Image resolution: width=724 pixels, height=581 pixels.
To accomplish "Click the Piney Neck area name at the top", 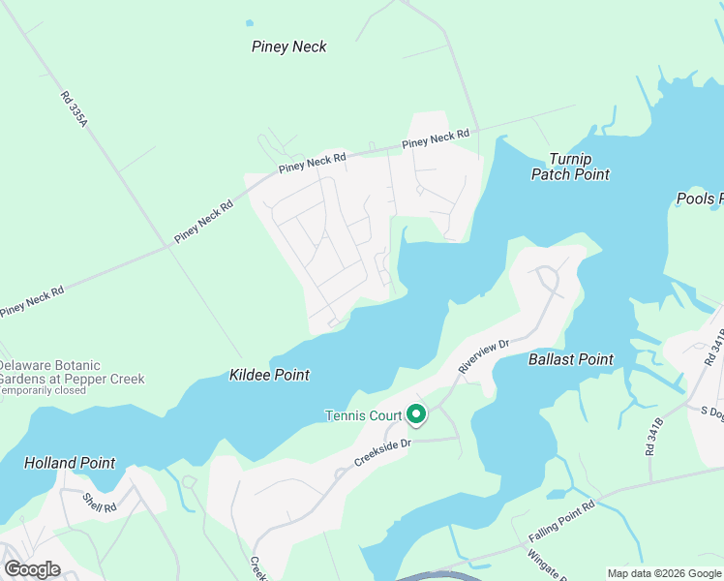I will tap(288, 46).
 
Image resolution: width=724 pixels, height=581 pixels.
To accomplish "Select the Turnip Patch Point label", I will tap(570, 167).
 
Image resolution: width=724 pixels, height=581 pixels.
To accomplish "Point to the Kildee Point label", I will tap(269, 374).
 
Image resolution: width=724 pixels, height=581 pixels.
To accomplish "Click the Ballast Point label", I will tap(570, 359).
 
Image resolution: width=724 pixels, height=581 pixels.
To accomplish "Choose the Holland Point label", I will tap(69, 463).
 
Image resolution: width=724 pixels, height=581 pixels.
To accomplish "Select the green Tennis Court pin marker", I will tap(416, 414).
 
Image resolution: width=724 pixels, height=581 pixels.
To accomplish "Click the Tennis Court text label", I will tap(362, 416).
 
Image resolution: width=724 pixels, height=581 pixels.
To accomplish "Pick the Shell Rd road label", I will tap(99, 503).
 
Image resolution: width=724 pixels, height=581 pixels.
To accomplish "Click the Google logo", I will tap(31, 568).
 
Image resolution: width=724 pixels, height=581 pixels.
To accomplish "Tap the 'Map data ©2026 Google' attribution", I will tap(663, 573).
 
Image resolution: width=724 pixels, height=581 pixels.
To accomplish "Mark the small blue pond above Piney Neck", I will tap(250, 22).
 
